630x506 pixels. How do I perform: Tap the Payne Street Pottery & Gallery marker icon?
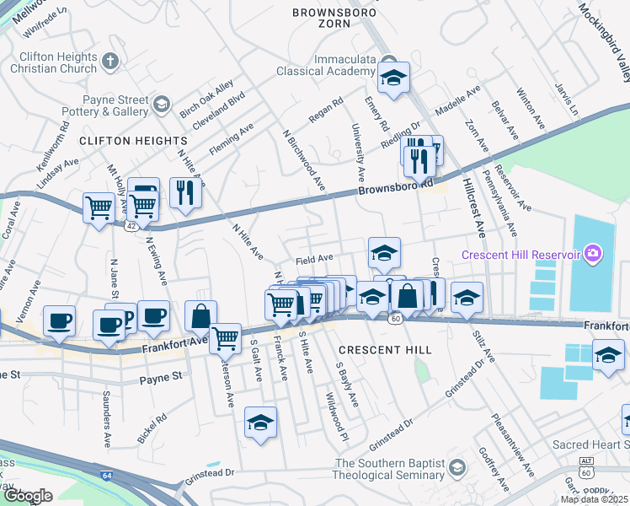(x=163, y=105)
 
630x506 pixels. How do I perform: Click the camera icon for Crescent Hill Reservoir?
(x=593, y=253)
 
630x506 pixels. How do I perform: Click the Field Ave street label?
(x=314, y=259)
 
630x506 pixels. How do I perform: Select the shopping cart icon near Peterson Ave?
(x=226, y=339)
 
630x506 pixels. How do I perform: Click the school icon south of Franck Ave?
(x=261, y=422)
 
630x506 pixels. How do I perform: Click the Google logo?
(x=28, y=496)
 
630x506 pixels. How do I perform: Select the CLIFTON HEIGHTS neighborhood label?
(x=133, y=140)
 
